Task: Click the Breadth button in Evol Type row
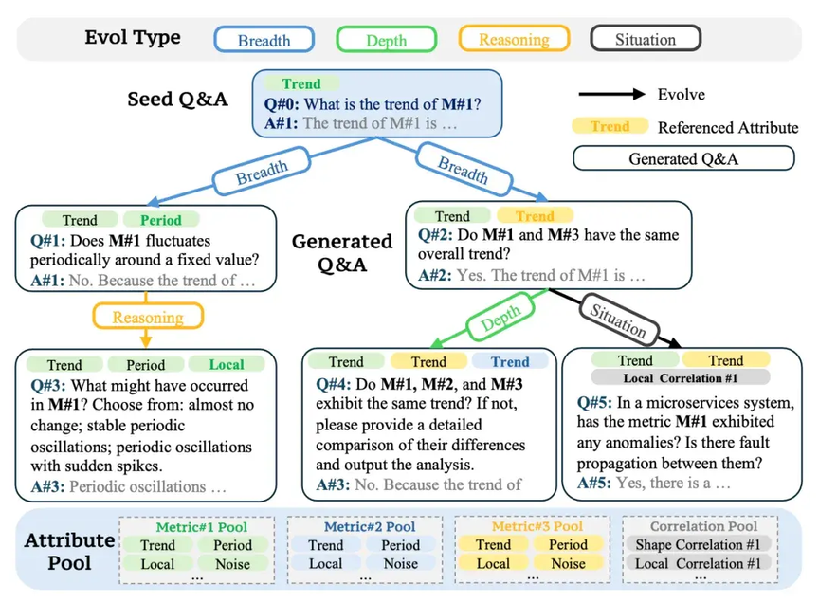point(264,40)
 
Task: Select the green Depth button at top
point(387,40)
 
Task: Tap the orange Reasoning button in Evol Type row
point(514,39)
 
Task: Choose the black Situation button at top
point(646,39)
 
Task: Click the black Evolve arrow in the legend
point(611,94)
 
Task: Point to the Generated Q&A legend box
point(683,158)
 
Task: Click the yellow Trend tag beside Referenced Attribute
point(610,126)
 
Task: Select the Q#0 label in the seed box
point(282,104)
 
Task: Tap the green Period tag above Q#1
point(161,220)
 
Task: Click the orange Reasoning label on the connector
point(148,318)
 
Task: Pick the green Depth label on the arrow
point(500,319)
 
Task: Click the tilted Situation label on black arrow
point(619,320)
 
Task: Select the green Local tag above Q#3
point(227,364)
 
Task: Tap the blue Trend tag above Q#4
point(510,361)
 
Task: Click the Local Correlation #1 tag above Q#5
point(681,377)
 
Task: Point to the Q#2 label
point(435,234)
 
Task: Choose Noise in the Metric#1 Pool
point(232,564)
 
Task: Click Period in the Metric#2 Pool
point(401,545)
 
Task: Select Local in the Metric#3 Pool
point(493,564)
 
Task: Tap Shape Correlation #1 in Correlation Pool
point(698,544)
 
